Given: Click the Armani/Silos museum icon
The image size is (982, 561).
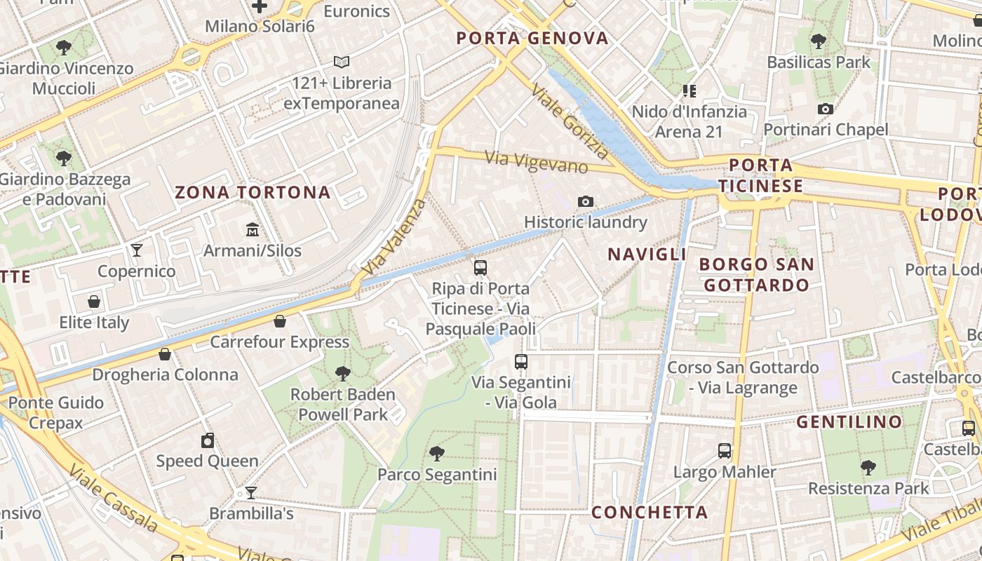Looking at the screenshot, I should [x=252, y=229].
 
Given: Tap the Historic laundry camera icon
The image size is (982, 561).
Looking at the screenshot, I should [x=586, y=201].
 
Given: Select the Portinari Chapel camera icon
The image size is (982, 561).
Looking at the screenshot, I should [x=826, y=109].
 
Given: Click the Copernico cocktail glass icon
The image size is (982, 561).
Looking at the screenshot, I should [x=137, y=250].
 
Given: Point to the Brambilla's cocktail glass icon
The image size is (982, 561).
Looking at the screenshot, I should [x=250, y=492].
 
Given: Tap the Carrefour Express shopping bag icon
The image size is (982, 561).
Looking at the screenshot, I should [x=280, y=321].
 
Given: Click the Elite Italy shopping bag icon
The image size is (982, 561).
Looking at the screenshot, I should [x=94, y=302].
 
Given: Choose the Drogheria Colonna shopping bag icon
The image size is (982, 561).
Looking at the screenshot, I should [x=165, y=353].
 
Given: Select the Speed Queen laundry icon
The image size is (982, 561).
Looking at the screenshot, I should [x=207, y=440].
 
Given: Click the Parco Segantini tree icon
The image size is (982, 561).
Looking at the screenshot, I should [x=437, y=453].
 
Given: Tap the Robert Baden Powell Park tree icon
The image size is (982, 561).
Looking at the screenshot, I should [x=343, y=373].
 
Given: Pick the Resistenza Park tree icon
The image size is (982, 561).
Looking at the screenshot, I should [x=868, y=467].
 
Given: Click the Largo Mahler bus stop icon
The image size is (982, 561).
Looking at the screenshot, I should [x=725, y=451].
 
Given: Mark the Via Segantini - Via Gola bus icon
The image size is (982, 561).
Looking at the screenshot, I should [x=521, y=362].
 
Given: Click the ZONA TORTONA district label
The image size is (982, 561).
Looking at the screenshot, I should [x=253, y=192].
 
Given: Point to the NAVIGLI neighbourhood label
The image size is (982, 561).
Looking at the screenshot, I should [x=647, y=254].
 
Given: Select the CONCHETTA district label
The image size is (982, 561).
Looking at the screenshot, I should [x=650, y=513].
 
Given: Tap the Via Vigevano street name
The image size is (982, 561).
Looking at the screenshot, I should [x=537, y=161].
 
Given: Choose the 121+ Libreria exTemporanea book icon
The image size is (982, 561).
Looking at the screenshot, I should [x=342, y=62].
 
